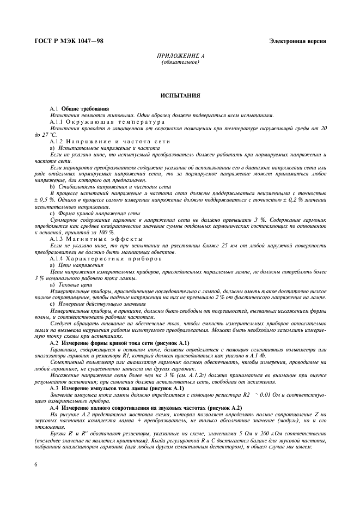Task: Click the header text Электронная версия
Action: (298, 41)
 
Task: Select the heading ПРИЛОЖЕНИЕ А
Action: (180, 56)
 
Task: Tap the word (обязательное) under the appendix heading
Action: (180, 62)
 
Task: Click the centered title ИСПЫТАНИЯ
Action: (180, 95)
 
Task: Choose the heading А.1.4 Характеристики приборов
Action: (106, 258)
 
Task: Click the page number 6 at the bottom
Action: (35, 464)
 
